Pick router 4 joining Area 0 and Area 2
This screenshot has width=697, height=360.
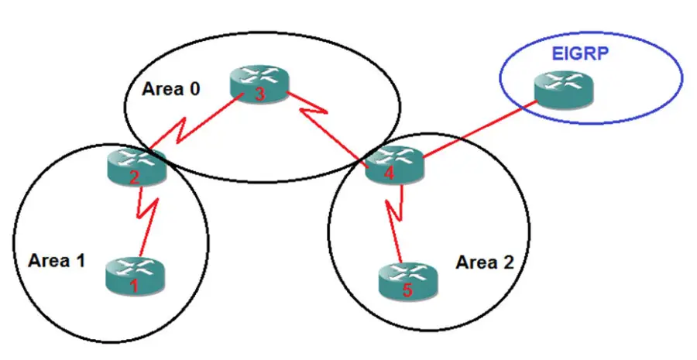point(393,163)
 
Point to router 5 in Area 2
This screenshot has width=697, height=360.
point(407,280)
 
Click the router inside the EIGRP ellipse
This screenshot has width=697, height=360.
point(564,91)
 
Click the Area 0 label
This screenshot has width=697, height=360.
point(171,88)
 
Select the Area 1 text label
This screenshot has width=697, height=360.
point(56,261)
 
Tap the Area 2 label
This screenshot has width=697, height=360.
point(484,262)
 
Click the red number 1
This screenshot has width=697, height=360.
point(133,286)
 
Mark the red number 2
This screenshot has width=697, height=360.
point(134,177)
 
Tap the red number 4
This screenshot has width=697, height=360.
point(390,174)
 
